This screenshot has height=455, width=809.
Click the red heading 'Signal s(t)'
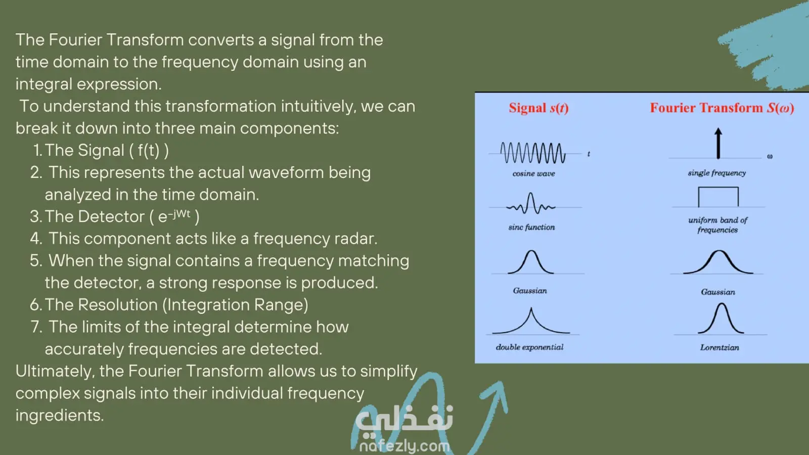pyautogui.click(x=538, y=108)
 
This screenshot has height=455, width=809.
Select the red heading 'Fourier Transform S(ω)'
pyautogui.click(x=722, y=108)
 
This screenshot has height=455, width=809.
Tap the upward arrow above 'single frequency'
pyautogui.click(x=718, y=144)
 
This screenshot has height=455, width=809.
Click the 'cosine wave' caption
pyautogui.click(x=533, y=174)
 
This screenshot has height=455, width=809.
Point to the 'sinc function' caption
pyautogui.click(x=531, y=227)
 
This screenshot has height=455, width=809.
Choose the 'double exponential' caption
pyautogui.click(x=529, y=347)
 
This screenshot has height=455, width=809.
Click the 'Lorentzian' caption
pyautogui.click(x=720, y=348)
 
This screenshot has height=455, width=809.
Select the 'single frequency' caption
pyautogui.click(x=717, y=173)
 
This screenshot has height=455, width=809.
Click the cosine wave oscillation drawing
pyautogui.click(x=533, y=153)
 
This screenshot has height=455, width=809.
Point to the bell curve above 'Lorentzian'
pyautogui.click(x=721, y=318)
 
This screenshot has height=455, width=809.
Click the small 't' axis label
pyautogui.click(x=589, y=154)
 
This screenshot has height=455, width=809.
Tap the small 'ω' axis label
pyautogui.click(x=770, y=156)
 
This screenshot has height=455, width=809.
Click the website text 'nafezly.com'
pyautogui.click(x=404, y=446)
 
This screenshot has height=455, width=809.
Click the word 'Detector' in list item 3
pyautogui.click(x=111, y=217)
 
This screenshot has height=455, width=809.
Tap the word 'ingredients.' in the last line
pyautogui.click(x=60, y=416)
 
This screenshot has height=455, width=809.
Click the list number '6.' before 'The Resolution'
pyautogui.click(x=36, y=305)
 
